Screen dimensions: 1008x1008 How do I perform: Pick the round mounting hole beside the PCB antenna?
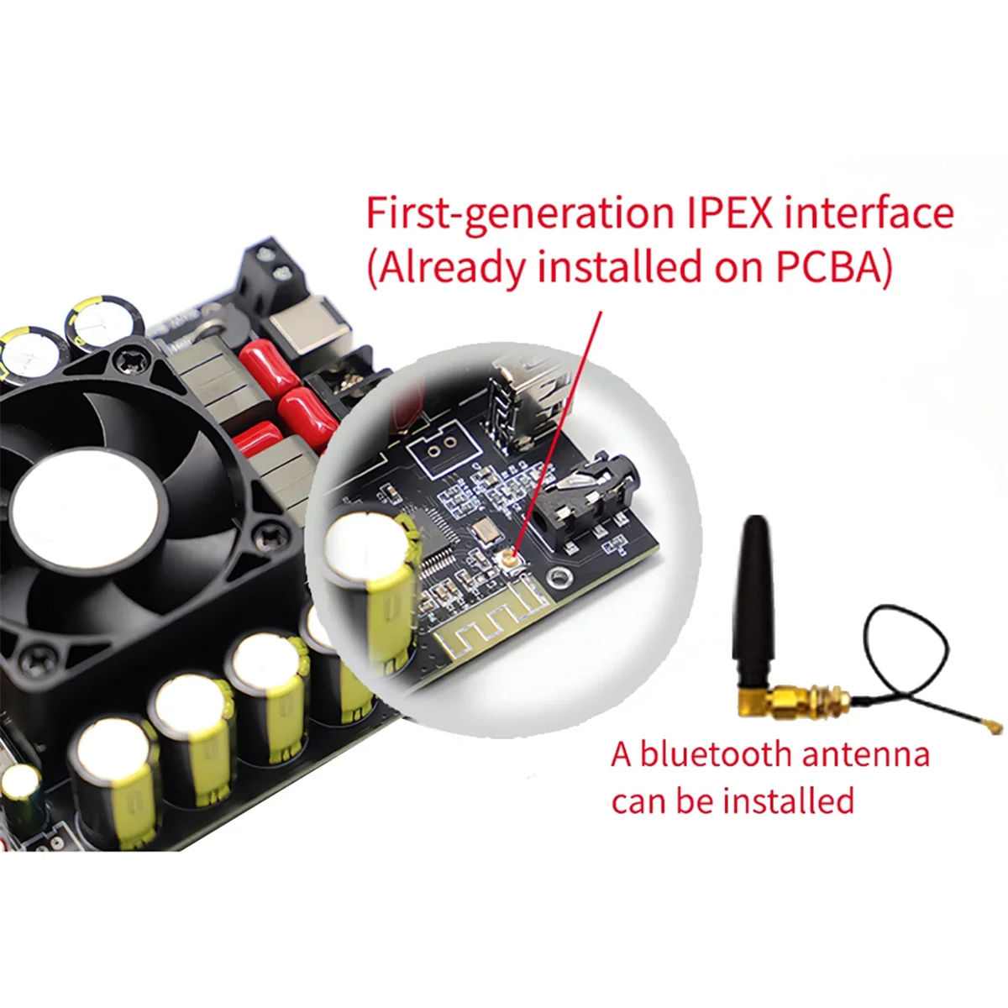pyautogui.click(x=557, y=577)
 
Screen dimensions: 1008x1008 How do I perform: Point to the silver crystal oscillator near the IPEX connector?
pyautogui.click(x=485, y=530)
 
